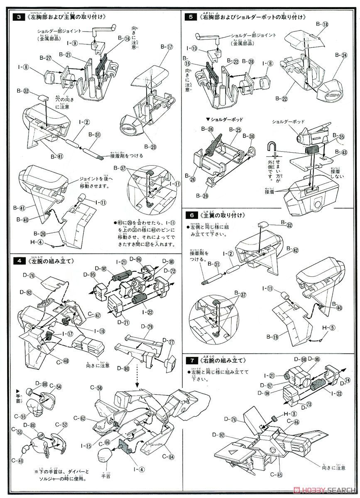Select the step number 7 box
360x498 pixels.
pyautogui.click(x=190, y=360)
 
